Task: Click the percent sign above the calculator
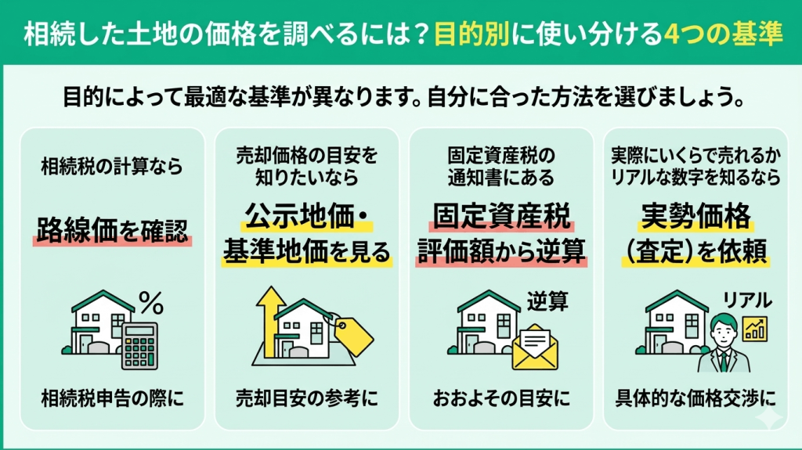151,300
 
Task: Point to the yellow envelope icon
538,345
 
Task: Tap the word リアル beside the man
746,300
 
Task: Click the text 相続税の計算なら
112,166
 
